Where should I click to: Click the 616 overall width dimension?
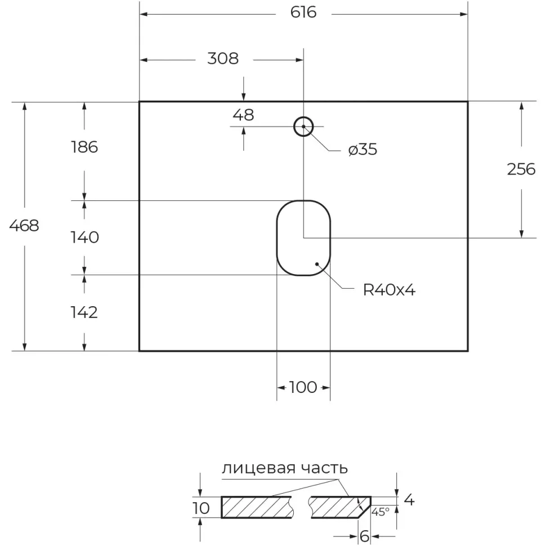point(304,13)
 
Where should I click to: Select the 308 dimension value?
point(223,59)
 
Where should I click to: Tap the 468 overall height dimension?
point(24,226)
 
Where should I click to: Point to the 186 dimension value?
point(84,147)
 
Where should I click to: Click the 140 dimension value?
point(84,238)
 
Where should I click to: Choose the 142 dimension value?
point(84,312)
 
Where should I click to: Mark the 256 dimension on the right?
point(521,169)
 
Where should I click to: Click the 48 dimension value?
point(243,115)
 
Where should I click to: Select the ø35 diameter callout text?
point(362,150)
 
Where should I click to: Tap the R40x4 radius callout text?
point(389,290)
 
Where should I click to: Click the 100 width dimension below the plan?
point(303,387)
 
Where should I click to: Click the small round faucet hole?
point(303,127)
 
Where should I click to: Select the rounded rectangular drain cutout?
point(303,238)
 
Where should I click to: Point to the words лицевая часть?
point(284,468)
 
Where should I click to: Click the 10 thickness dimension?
point(201,508)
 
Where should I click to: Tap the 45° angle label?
point(380,512)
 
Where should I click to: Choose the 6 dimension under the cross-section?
point(364,536)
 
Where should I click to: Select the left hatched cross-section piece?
point(256,507)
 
